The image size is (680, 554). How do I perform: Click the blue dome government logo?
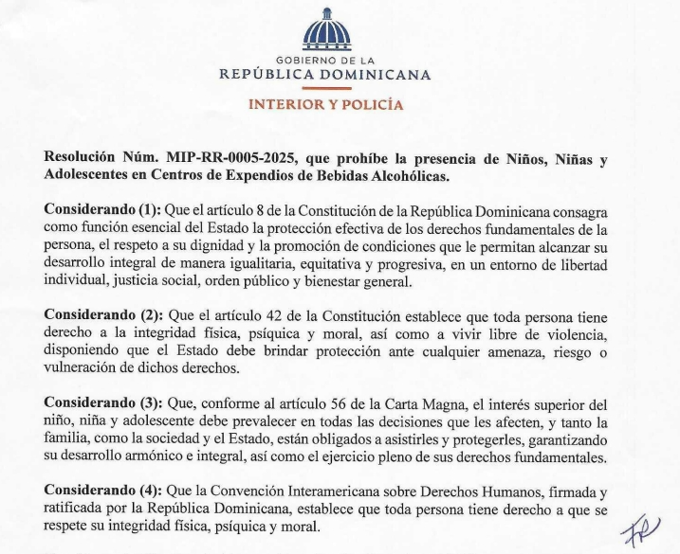coord(325,31)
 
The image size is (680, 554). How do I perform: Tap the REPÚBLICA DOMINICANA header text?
coord(325,74)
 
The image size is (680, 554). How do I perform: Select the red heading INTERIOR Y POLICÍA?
coord(325,104)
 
